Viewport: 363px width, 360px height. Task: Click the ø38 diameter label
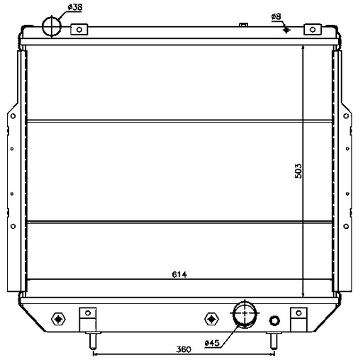(74, 7)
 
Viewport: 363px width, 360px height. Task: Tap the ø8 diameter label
(276, 16)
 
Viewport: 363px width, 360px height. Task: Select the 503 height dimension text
(298, 171)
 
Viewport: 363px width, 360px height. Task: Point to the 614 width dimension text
(179, 274)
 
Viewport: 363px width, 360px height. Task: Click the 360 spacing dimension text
(184, 349)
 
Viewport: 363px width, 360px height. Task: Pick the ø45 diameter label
(212, 343)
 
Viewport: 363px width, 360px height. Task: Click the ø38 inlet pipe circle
(52, 26)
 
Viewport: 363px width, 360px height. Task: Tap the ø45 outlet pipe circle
(245, 313)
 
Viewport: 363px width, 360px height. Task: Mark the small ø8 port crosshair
(286, 30)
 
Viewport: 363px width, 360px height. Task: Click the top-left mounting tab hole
(79, 30)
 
